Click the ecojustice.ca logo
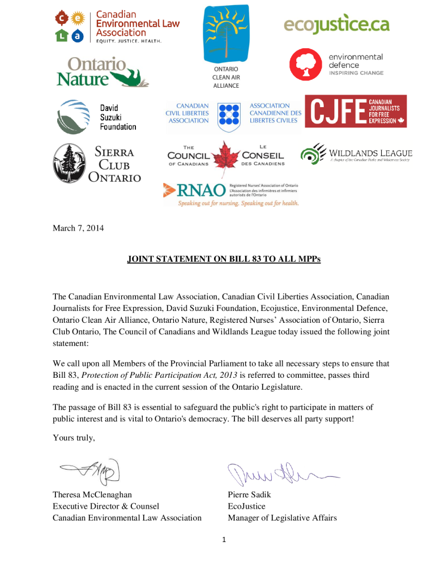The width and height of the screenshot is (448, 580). tap(336, 25)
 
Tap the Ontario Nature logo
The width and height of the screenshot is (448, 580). tap(102, 72)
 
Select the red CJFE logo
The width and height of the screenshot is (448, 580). tap(356, 111)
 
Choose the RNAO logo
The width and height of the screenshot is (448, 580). tap(231, 194)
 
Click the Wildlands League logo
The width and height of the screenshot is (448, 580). tap(356, 154)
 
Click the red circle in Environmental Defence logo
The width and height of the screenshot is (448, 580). tap(306, 65)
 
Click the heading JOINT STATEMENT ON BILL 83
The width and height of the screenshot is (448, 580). tap(224, 261)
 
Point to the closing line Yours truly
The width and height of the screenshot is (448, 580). tap(74, 437)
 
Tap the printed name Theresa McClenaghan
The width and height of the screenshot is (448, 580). tap(92, 494)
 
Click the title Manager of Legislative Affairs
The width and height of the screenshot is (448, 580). tap(282, 517)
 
